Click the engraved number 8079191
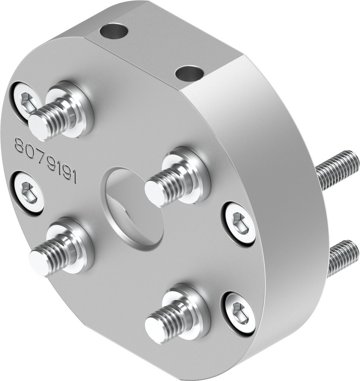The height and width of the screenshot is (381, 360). click(x=45, y=162)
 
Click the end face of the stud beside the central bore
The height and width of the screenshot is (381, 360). click(x=155, y=193)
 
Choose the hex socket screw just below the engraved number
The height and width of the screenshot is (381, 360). click(x=28, y=192)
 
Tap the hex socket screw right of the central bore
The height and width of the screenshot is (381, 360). click(x=239, y=223)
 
